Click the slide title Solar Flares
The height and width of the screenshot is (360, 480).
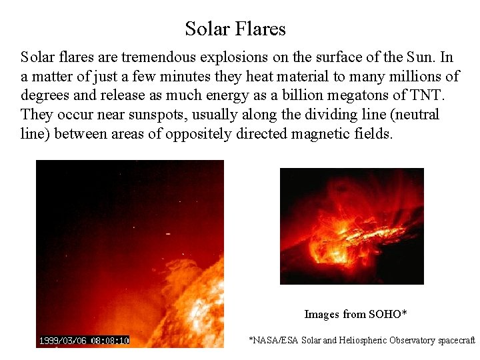click(235, 29)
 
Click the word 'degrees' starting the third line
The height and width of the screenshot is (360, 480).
click(44, 96)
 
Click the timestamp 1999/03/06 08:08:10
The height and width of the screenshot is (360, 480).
click(83, 341)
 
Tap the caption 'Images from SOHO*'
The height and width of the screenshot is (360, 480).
click(355, 314)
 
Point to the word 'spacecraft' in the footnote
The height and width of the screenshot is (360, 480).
click(456, 341)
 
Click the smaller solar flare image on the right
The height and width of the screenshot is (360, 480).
click(351, 226)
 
